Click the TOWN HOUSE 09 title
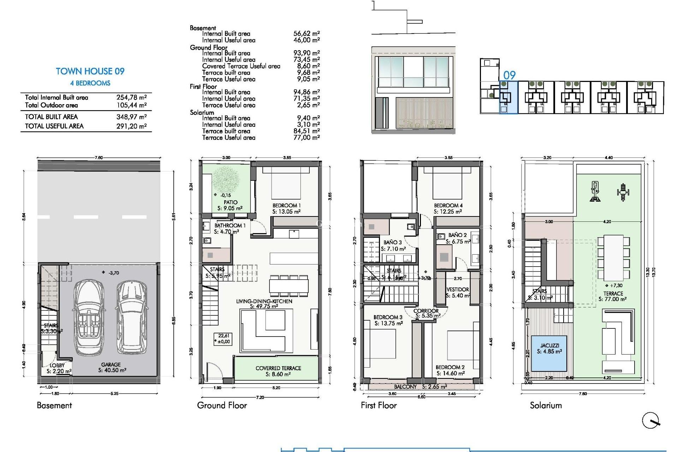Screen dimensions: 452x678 coord(90,71)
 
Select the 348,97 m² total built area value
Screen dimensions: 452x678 coord(131,117)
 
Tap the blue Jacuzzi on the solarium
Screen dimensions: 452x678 coord(549,353)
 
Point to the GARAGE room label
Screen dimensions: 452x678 coord(111,364)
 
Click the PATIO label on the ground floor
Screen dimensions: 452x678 coord(230,202)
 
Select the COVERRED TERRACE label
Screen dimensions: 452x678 coord(278,368)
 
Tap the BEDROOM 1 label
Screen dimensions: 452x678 coord(286,206)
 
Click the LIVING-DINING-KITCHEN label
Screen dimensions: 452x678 coord(264,301)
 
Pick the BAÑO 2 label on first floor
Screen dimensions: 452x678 coord(457,235)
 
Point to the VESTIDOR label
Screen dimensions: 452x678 coord(458,290)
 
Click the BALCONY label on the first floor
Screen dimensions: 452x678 coord(405,387)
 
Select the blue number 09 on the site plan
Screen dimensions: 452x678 coord(509,75)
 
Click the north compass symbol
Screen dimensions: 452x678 coord(651,421)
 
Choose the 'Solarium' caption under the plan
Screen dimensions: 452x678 coord(546,405)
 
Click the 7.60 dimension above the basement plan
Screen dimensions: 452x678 coord(99,158)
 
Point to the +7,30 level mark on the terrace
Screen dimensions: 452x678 coord(614,286)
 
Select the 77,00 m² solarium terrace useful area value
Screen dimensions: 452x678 coord(306,138)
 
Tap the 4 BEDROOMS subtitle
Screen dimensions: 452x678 coord(90,83)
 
